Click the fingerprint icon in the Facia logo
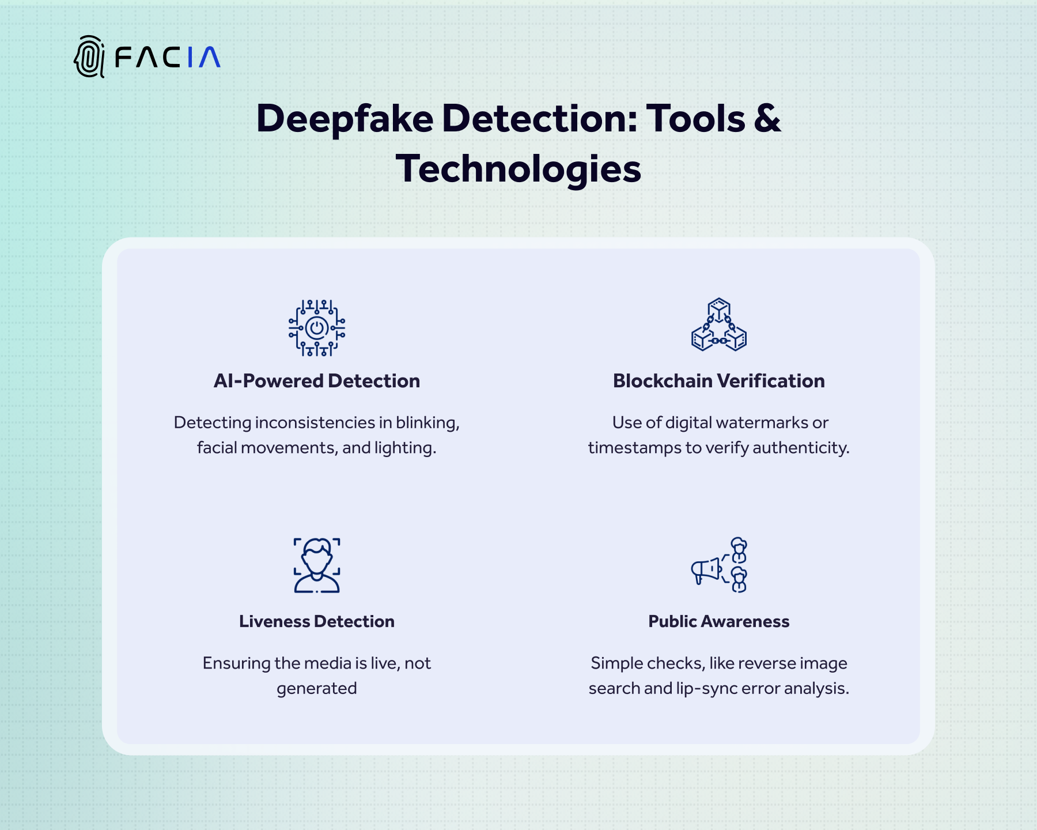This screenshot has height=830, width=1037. (89, 56)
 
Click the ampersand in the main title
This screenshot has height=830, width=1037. (767, 119)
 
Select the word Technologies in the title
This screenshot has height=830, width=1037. (518, 169)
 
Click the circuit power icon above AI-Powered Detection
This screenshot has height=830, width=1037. (317, 328)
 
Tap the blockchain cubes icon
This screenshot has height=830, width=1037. (719, 325)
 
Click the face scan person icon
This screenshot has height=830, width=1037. (317, 565)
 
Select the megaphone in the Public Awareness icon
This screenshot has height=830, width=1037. (706, 570)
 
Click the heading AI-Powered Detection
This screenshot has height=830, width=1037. (317, 381)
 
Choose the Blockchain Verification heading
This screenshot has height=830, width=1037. (719, 381)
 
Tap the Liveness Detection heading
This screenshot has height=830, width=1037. (317, 621)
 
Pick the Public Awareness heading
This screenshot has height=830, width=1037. (719, 621)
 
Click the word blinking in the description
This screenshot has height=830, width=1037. (427, 423)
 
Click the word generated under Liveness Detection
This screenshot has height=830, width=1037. (317, 689)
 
